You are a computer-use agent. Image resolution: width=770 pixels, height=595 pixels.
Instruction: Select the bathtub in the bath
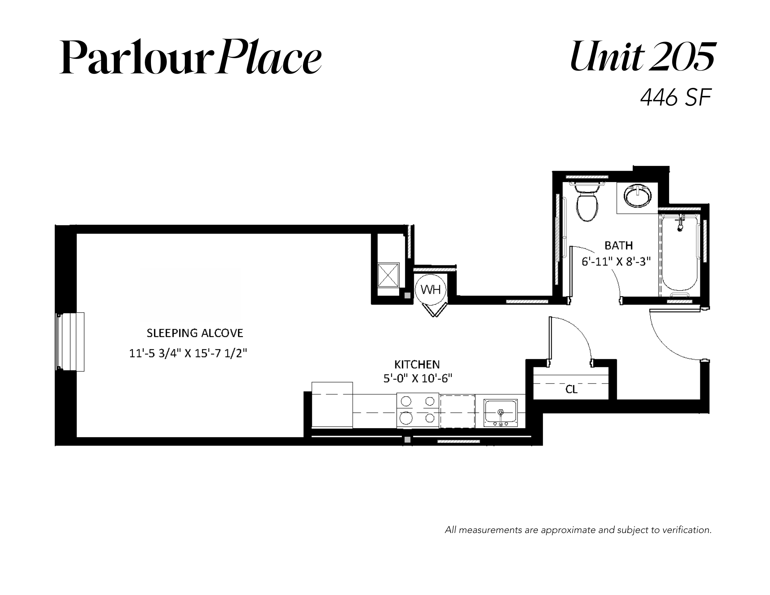(680, 256)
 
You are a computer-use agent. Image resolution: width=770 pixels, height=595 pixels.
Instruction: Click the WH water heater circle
(430, 289)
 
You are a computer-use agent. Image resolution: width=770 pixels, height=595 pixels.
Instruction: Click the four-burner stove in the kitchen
(418, 410)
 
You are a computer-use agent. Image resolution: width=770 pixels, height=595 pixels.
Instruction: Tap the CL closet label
(571, 390)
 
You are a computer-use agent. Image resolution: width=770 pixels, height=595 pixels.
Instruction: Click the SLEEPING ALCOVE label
(195, 333)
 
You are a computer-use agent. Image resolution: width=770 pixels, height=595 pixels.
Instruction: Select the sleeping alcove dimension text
(188, 354)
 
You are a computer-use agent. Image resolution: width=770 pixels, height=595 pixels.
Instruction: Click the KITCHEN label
(417, 364)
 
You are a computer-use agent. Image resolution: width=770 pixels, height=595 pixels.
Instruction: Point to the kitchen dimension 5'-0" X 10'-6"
(417, 379)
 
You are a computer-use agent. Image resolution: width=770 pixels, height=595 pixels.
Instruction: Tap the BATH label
(619, 246)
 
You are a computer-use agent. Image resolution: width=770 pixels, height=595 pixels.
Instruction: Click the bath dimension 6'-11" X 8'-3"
(616, 262)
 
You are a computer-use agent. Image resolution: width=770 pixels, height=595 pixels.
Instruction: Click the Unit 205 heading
(642, 57)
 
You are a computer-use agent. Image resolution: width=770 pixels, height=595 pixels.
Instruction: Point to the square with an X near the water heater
(388, 275)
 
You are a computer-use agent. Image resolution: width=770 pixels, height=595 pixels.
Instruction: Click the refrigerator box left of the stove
(332, 405)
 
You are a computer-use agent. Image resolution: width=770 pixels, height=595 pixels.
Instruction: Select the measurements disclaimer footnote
(578, 530)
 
